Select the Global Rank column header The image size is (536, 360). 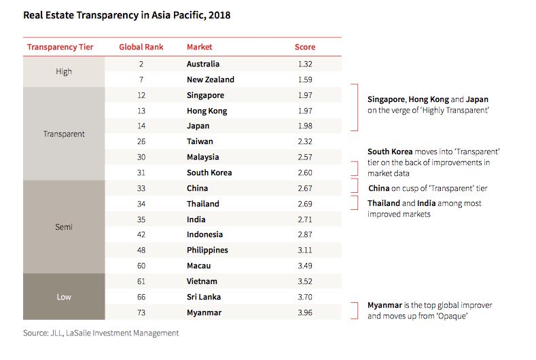click(139, 48)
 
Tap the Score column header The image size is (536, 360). click(305, 48)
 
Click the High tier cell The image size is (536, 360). click(64, 71)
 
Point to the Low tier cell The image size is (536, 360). click(64, 297)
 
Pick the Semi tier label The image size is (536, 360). click(64, 227)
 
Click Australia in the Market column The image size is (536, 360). click(203, 64)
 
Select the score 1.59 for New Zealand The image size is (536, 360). click(305, 79)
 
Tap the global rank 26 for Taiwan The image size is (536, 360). click(139, 141)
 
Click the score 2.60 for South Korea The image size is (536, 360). click(305, 173)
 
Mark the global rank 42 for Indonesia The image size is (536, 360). click(139, 234)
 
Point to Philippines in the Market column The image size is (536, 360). click(207, 250)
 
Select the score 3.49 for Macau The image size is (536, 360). click(305, 266)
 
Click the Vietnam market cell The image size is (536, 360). click(202, 281)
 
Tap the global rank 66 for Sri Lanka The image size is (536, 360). click(139, 297)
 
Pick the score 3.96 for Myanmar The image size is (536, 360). click(305, 312)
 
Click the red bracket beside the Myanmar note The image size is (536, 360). click(355, 310)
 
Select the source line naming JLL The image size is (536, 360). click(101, 333)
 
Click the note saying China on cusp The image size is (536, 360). click(427, 188)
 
